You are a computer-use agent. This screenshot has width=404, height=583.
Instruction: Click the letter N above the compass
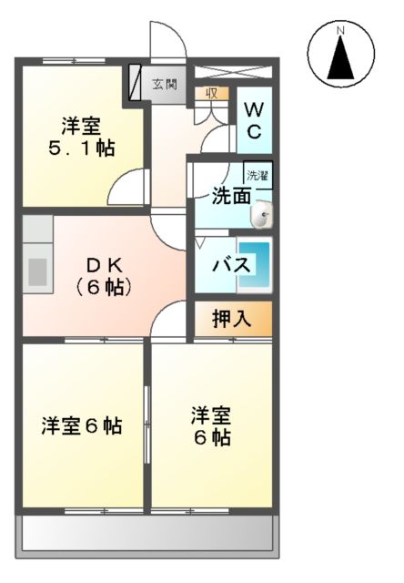[x=341, y=30]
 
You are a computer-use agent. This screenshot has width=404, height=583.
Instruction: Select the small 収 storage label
[x=211, y=92]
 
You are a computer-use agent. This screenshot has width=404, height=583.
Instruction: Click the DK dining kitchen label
[x=106, y=265]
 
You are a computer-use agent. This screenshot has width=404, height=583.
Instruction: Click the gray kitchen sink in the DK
[x=38, y=271]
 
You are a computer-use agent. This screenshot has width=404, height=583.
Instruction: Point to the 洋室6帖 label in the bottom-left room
[x=82, y=425]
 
